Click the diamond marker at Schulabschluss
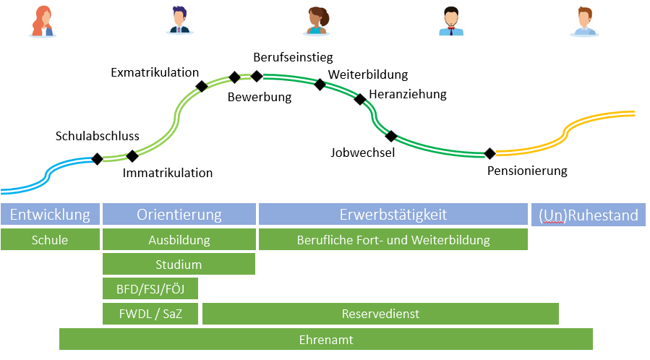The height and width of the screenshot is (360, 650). click(97, 159)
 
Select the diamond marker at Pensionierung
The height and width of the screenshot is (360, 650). click(489, 153)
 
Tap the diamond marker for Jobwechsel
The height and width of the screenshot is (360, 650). click(391, 135)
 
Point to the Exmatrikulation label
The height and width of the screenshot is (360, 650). click(155, 72)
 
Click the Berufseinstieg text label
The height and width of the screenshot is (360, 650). click(293, 56)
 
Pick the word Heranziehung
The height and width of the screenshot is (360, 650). click(408, 94)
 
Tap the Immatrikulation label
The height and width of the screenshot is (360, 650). click(168, 173)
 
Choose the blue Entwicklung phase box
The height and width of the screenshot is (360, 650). click(50, 215)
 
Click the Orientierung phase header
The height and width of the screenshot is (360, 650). click(179, 215)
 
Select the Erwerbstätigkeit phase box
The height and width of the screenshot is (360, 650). click(393, 215)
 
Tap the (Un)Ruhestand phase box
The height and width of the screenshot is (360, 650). click(589, 215)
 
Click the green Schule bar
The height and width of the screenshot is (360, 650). click(50, 240)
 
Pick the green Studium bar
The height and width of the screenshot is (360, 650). click(179, 265)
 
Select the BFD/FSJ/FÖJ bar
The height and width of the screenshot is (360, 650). click(150, 289)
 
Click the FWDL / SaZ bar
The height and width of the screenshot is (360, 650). click(150, 314)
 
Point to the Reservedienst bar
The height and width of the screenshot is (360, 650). click(380, 314)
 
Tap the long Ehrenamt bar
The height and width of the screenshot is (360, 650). click(326, 339)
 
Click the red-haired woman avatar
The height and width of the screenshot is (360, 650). click(43, 21)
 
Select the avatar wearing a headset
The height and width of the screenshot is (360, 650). click(451, 21)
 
